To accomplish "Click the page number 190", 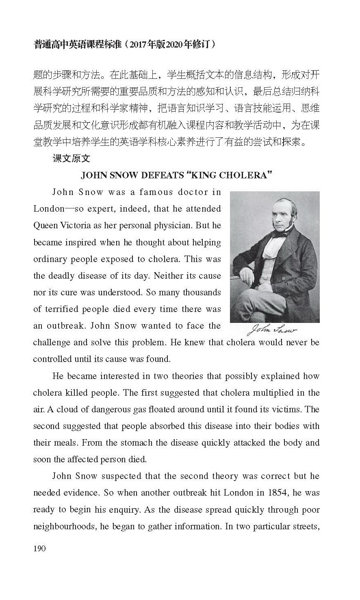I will (39, 548).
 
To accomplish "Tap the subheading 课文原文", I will (71, 158).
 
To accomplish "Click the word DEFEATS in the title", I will (162, 175).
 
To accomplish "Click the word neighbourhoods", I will (65, 526).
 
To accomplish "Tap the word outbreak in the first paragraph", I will (60, 326).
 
